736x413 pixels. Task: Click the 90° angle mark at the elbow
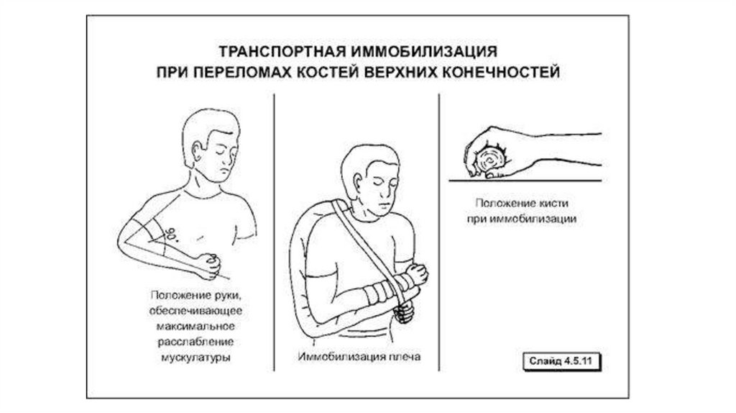point(172,234)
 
